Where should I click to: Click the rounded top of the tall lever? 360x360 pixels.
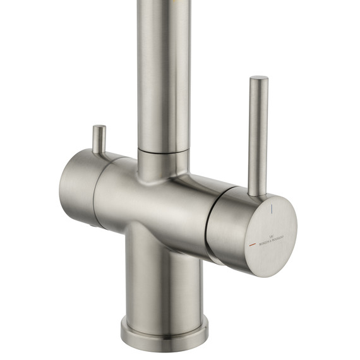[259, 80]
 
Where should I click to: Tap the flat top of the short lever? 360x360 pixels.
[99, 128]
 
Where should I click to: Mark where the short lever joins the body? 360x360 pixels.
[99, 152]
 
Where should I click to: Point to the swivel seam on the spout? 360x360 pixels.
[164, 152]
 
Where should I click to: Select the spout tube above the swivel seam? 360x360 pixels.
[164, 76]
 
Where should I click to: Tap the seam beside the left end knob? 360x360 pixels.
[95, 189]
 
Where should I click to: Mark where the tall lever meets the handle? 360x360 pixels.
[256, 192]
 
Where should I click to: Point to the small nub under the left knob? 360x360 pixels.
[95, 225]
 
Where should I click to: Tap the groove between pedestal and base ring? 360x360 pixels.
[164, 315]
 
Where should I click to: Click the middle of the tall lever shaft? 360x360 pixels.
[258, 136]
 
